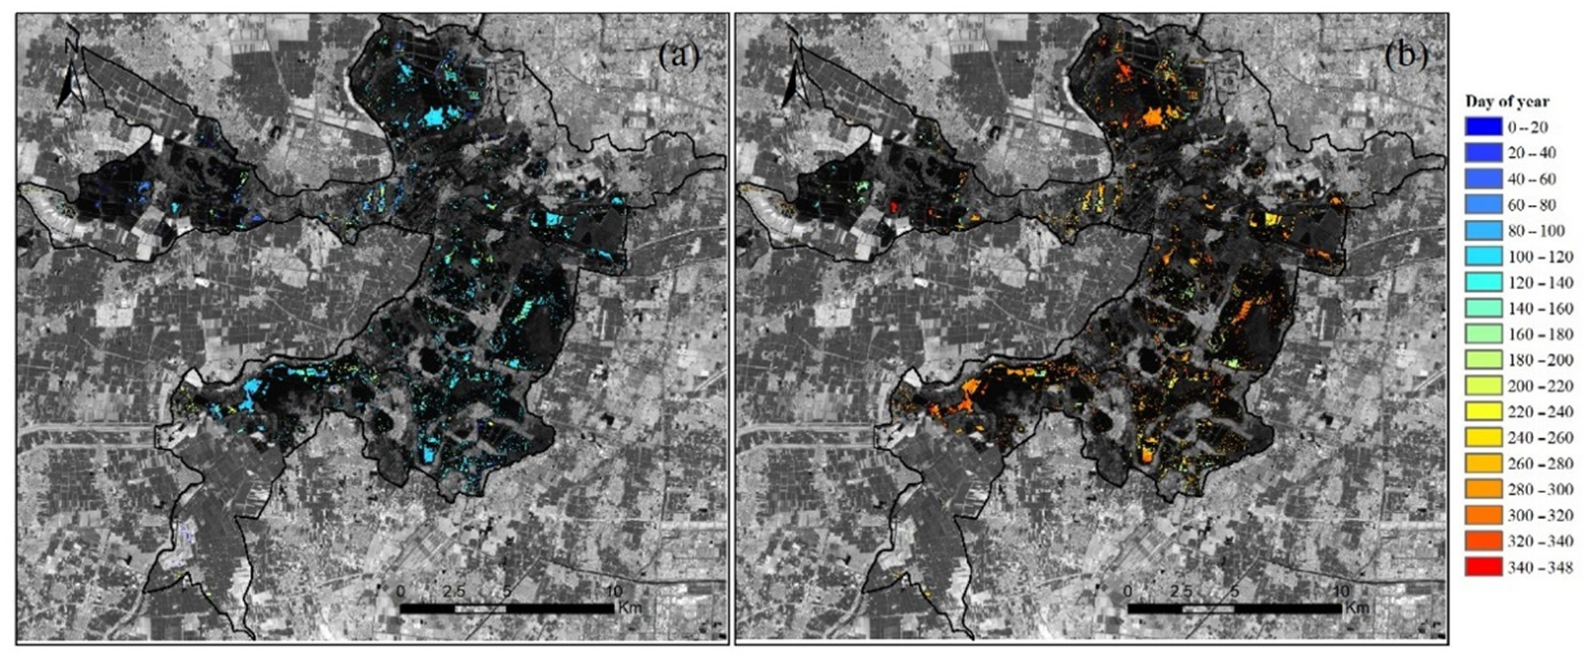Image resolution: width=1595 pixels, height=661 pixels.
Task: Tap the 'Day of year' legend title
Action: click(x=1506, y=101)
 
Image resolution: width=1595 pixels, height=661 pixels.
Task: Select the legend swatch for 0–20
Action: click(x=1483, y=127)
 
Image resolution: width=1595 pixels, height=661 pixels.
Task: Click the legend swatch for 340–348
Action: click(x=1483, y=566)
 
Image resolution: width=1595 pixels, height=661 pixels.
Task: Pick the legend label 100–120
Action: click(x=1540, y=256)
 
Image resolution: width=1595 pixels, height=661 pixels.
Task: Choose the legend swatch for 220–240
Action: click(x=1483, y=411)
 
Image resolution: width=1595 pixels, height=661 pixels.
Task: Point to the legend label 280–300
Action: click(x=1540, y=489)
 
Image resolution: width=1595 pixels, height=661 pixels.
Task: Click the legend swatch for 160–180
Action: click(x=1483, y=334)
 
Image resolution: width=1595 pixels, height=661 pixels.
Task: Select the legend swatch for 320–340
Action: click(x=1483, y=541)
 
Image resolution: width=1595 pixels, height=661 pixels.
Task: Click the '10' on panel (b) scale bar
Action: click(x=1341, y=591)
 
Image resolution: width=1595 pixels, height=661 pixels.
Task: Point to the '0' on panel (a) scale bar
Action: click(x=401, y=591)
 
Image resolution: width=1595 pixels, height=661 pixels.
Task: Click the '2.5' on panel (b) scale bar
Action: click(x=1181, y=591)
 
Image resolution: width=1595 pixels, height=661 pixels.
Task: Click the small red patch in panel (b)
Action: click(x=893, y=206)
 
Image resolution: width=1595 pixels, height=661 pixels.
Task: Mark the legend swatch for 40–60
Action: click(x=1483, y=178)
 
